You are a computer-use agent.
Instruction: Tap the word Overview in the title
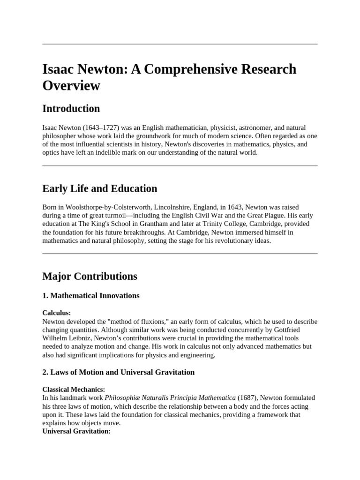(71, 86)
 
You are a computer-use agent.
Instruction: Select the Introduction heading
(71, 109)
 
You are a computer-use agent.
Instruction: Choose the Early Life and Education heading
(99, 188)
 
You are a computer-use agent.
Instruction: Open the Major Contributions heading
(90, 276)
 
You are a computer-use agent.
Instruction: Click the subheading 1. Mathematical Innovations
(90, 296)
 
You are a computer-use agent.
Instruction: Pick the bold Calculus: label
(57, 313)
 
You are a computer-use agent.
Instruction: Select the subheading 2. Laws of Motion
(118, 372)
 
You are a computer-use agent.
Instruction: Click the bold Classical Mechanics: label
(74, 390)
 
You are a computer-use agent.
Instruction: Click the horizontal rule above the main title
(180, 44)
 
